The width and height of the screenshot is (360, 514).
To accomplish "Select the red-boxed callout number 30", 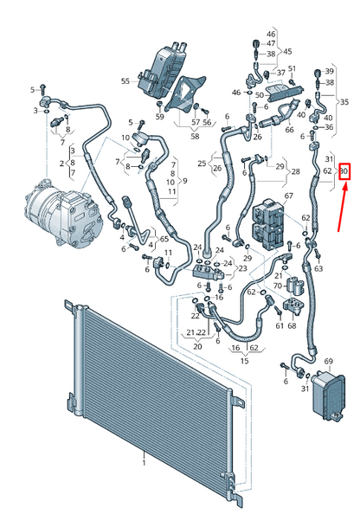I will point(344,171).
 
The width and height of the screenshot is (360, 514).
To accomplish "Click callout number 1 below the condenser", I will point(144,465).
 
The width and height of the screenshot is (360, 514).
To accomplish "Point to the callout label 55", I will point(125,80).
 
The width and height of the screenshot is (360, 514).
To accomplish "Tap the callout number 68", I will point(291,325).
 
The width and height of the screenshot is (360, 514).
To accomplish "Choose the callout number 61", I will point(279,325).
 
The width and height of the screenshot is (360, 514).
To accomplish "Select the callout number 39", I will point(330,70).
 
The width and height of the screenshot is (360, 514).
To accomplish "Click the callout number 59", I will point(160,116).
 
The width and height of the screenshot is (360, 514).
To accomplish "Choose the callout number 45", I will point(286,51).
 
